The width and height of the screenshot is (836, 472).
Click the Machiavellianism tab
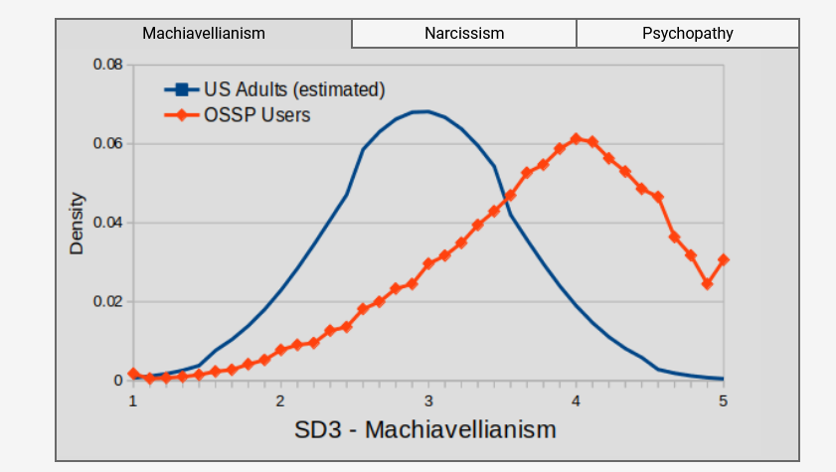(204, 33)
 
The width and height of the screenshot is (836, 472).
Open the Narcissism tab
(464, 33)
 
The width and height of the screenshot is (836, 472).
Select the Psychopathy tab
(687, 33)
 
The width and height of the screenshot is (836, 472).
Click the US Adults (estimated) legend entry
(294, 89)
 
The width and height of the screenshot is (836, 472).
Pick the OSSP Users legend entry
(256, 115)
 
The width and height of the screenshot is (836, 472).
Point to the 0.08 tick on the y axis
(107, 65)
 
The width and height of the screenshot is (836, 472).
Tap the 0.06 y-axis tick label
(107, 144)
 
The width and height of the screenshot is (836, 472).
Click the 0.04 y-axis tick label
(107, 223)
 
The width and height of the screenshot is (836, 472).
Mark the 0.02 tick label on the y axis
(107, 301)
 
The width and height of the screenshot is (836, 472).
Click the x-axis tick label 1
(132, 399)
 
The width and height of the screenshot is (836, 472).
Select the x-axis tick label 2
(280, 399)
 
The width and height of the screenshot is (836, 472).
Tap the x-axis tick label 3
(428, 399)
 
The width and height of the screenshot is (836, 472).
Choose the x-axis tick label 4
(576, 399)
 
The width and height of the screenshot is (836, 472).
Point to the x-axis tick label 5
(723, 399)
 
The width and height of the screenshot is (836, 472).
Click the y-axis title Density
(77, 223)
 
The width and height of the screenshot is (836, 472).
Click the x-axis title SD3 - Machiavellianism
(425, 430)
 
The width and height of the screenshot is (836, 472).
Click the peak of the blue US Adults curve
(425, 111)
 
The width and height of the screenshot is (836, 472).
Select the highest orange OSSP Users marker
(576, 138)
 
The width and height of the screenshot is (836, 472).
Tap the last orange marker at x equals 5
(723, 260)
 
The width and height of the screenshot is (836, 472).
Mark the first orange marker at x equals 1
(133, 374)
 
